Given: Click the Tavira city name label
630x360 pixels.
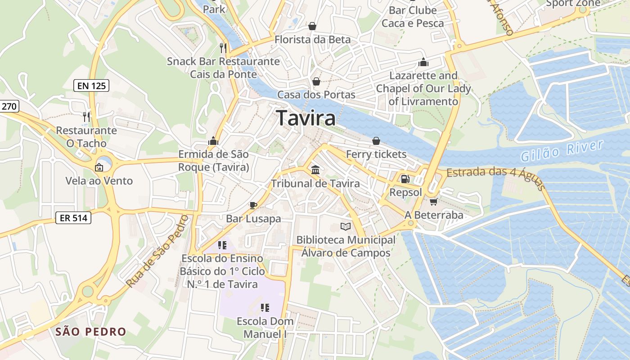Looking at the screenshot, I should pos(306,118).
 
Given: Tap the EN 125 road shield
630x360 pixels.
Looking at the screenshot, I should pos(91,85).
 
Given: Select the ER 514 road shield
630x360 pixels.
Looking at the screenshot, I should pos(73,218).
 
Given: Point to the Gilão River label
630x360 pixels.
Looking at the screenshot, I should pos(562,151).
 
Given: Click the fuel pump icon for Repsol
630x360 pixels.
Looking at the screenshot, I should pos(405,179).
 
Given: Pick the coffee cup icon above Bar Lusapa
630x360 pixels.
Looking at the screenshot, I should pos(253,205).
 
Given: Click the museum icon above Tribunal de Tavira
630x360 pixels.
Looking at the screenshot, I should pos(315,170).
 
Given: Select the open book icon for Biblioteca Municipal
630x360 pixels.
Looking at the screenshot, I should pos(346,226).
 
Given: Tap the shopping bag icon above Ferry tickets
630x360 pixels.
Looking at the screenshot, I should pos(376,141).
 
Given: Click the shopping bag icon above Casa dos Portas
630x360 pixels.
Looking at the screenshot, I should pos(316,81).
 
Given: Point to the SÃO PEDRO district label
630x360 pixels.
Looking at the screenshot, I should pos(91,332).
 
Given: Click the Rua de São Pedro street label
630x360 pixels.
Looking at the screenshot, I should pos(157,251).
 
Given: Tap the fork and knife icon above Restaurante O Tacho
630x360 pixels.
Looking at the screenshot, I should pos(86,117).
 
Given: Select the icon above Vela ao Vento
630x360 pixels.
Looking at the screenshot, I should pos(99,167).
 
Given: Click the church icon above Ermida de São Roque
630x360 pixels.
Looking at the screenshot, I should pos(213,141).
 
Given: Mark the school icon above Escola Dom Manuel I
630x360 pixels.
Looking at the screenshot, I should pos(265,308).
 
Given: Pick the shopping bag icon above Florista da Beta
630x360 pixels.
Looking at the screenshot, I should pos(312,26).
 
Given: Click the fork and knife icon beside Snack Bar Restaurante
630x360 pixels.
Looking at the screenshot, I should pos(223,47).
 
